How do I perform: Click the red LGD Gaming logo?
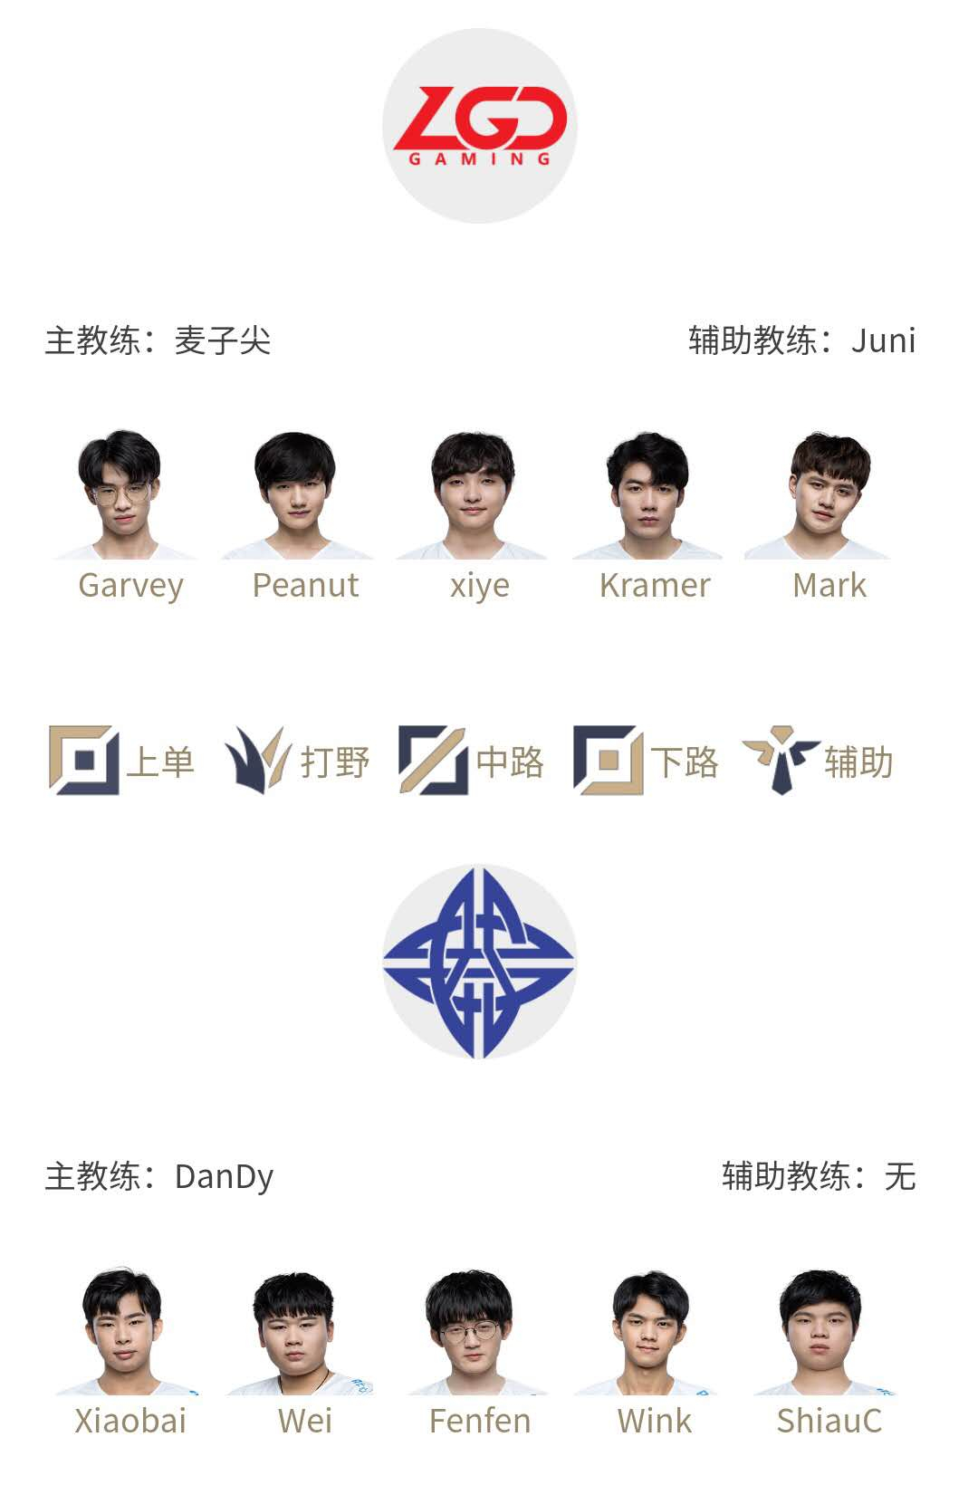click(x=480, y=125)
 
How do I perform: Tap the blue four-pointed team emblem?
click(x=479, y=962)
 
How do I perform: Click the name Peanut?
click(x=306, y=585)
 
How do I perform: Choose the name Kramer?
click(x=655, y=585)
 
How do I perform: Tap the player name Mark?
click(x=829, y=585)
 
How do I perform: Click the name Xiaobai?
click(x=130, y=1422)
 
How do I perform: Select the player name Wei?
click(x=305, y=1422)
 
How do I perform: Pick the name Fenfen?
click(x=480, y=1422)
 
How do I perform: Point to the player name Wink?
click(x=655, y=1422)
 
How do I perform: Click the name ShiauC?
click(x=829, y=1422)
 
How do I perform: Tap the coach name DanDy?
click(x=224, y=1178)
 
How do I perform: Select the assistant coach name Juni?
click(x=884, y=340)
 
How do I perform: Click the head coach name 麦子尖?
click(x=223, y=340)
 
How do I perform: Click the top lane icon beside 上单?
click(x=84, y=761)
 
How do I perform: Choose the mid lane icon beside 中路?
click(x=433, y=761)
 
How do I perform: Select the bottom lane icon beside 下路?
click(x=608, y=761)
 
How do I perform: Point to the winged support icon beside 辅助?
click(x=781, y=761)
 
